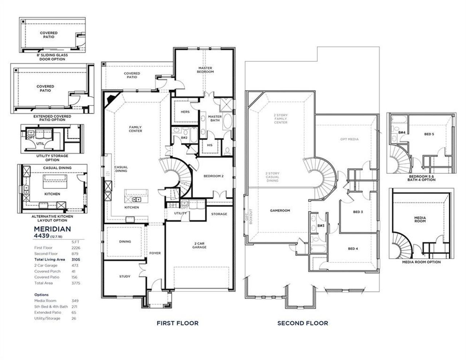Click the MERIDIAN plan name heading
point(52,229)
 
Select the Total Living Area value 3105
point(76,260)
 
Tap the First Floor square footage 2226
point(76,248)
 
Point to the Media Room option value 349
point(75,301)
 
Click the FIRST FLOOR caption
point(178,323)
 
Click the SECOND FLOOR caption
point(303,323)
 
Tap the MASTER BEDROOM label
point(205,70)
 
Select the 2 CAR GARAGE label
point(200,245)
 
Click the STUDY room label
point(125,277)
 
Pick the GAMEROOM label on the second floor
point(280,210)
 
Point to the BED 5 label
point(429,134)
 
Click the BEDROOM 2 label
point(213,176)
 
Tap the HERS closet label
point(185,112)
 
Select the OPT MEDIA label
point(349,139)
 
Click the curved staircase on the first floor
point(178,177)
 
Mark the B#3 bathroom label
point(321,226)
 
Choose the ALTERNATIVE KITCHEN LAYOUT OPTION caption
point(52,218)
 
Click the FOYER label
point(155,253)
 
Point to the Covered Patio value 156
point(75,277)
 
